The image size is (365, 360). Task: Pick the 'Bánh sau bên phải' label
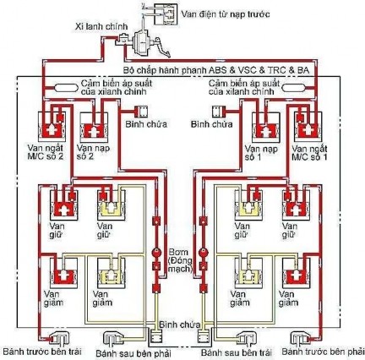(127, 351)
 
